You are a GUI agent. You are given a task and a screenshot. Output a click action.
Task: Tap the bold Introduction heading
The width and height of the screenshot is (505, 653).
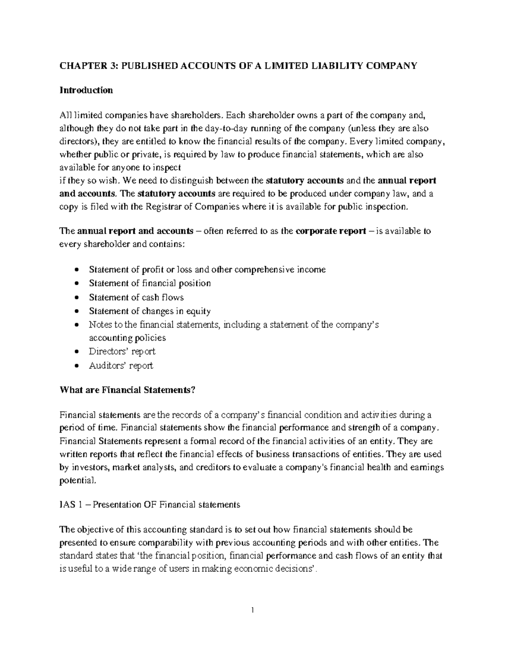pyautogui.click(x=86, y=90)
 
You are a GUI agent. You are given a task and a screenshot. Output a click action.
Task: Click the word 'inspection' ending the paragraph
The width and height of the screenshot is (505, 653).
pyautogui.click(x=384, y=206)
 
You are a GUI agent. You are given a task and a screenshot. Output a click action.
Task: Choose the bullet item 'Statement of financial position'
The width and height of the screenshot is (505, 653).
pyautogui.click(x=150, y=283)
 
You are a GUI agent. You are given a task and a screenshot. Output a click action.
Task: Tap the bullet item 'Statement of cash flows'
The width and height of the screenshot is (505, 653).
pyautogui.click(x=136, y=297)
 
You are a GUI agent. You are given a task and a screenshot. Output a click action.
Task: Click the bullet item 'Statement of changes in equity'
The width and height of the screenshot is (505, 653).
pyautogui.click(x=150, y=311)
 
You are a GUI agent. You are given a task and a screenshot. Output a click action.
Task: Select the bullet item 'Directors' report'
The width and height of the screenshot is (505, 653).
pyautogui.click(x=122, y=351)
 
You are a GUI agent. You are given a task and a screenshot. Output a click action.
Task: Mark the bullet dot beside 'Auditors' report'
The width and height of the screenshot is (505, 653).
pyautogui.click(x=76, y=366)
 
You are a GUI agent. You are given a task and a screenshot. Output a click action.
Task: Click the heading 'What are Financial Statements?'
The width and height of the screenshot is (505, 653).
pyautogui.click(x=128, y=390)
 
